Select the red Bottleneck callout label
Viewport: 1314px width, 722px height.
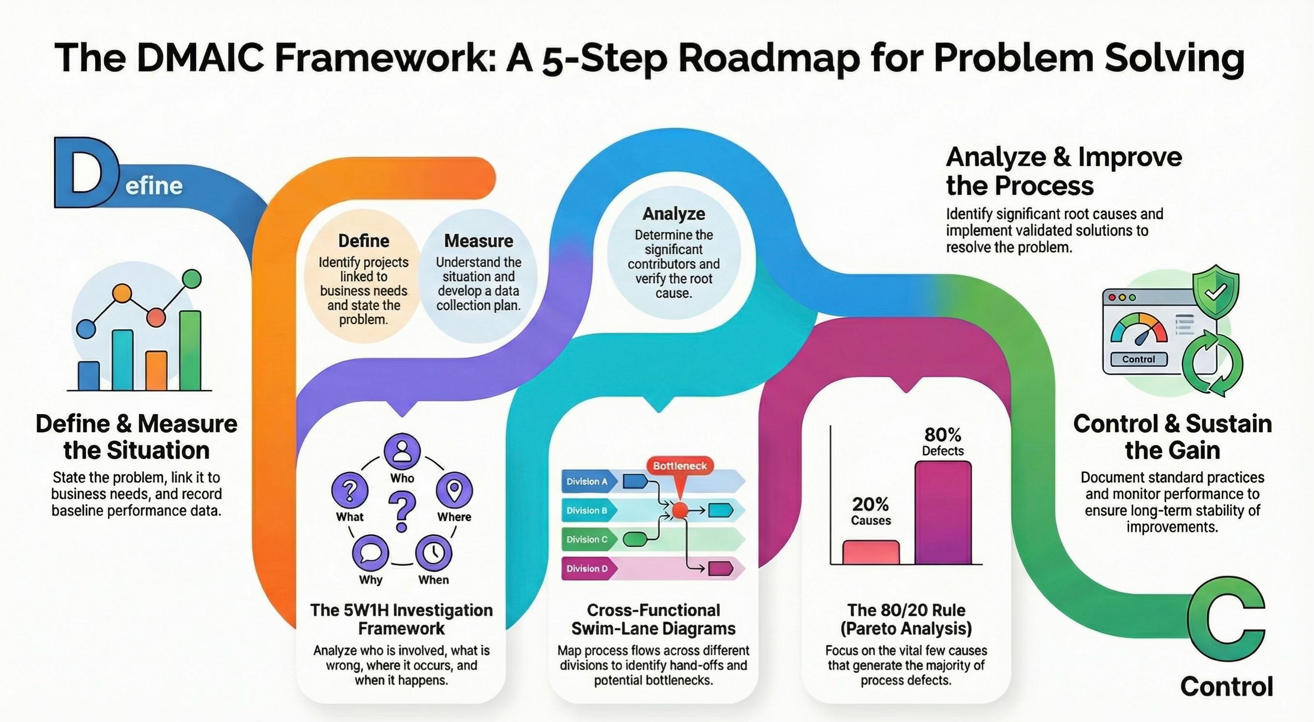680,466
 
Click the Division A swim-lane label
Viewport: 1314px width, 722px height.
587,481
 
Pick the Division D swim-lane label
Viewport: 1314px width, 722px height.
587,569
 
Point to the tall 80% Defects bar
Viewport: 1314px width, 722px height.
943,513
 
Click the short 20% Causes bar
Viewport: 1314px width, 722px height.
871,552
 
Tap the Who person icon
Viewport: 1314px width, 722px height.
402,451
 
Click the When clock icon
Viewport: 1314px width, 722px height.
433,553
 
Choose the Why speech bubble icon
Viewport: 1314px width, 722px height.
370,553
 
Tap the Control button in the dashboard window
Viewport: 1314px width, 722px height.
1139,360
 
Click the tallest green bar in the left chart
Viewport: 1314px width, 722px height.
190,351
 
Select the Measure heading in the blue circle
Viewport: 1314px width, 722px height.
478,241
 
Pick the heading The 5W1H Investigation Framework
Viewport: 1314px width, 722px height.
402,619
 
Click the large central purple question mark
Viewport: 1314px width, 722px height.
402,512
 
